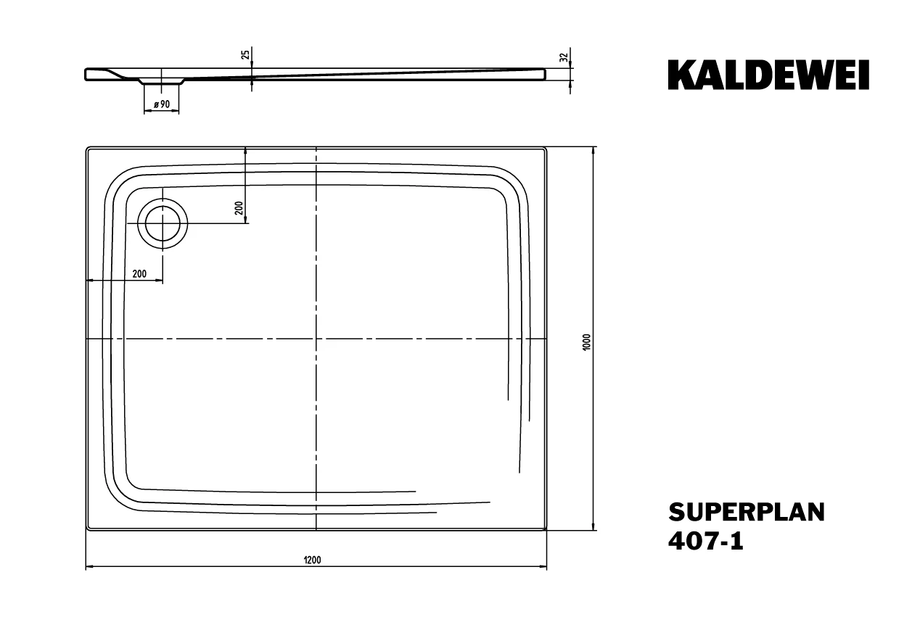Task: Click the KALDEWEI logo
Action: pyautogui.click(x=768, y=75)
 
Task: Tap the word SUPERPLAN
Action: pyautogui.click(x=747, y=513)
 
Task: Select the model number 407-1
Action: pyautogui.click(x=706, y=541)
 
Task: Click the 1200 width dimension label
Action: pyautogui.click(x=312, y=560)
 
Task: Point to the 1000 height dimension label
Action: pyautogui.click(x=586, y=342)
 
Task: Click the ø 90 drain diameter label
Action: pyautogui.click(x=162, y=104)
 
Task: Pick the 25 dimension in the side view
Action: pyautogui.click(x=245, y=54)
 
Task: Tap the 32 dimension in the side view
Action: pyautogui.click(x=564, y=57)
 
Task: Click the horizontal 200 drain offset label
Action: pyautogui.click(x=139, y=273)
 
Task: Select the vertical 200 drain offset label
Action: pyautogui.click(x=239, y=208)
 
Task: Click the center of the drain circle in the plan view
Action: pyautogui.click(x=163, y=224)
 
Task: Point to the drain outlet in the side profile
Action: pyautogui.click(x=161, y=81)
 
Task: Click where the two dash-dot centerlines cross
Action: pyautogui.click(x=316, y=339)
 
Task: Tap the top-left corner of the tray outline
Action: pyautogui.click(x=86, y=147)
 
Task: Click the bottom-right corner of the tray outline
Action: pyautogui.click(x=546, y=530)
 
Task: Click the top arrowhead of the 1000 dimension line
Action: pyautogui.click(x=593, y=150)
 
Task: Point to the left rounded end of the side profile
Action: pyautogui.click(x=86, y=74)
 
